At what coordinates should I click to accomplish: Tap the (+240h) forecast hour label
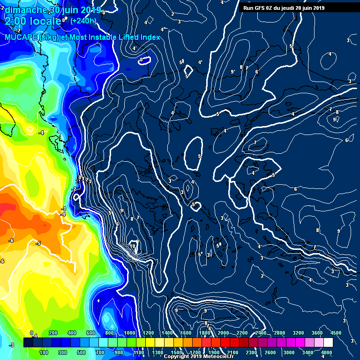click(83, 21)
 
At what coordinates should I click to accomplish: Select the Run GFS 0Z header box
click(282, 7)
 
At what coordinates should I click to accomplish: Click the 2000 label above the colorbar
click(224, 333)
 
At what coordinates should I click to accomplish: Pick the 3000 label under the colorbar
click(289, 352)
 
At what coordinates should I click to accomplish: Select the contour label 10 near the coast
click(133, 246)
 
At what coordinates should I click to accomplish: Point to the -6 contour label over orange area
click(11, 240)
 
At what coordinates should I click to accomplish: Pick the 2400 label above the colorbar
click(261, 333)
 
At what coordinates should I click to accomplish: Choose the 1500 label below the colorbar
click(176, 352)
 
